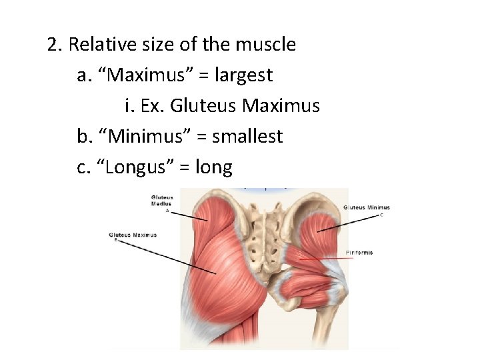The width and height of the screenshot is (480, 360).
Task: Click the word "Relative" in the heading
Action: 97,45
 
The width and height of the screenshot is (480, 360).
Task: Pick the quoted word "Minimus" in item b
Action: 148,137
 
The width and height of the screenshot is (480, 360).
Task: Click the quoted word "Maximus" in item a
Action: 148,75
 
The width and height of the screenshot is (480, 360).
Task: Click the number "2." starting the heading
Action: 55,45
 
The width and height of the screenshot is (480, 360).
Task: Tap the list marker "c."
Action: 84,167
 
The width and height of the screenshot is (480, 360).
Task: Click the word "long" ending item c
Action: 213,167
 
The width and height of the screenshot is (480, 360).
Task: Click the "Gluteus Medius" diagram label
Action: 162,201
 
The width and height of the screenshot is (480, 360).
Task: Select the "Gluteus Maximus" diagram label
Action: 133,235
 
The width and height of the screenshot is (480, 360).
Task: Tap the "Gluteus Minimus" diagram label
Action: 367,207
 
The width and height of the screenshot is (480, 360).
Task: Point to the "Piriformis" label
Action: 359,253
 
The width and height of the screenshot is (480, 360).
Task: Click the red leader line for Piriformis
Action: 323,256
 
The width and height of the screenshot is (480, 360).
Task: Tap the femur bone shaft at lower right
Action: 336,327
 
